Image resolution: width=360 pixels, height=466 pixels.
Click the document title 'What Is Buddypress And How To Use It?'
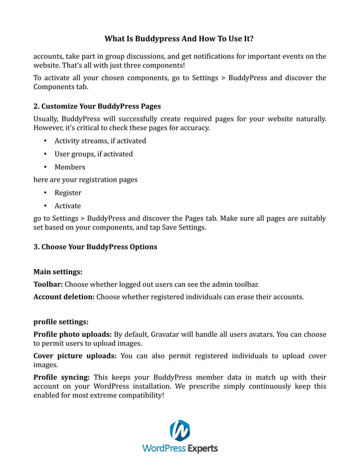pos(179,39)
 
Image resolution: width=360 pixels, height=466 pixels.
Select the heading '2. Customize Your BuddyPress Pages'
pos(97,106)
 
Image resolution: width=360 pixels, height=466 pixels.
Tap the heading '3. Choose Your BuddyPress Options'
pos(95,247)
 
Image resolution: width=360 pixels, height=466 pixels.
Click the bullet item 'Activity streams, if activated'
pos(100,141)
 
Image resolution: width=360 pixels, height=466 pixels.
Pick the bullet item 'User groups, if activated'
pos(94,154)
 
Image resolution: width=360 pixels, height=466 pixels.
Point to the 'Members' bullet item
pos(69,167)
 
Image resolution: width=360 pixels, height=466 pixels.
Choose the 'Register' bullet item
pos(68,193)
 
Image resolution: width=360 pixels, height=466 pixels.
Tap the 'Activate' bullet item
pos(68,206)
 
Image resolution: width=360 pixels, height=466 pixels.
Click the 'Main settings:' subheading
pos(58,271)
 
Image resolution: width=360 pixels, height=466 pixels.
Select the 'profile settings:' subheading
pos(61,322)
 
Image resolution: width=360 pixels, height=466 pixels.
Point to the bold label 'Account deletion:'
pos(64,296)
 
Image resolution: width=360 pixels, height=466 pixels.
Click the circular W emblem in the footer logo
pos(179,431)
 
